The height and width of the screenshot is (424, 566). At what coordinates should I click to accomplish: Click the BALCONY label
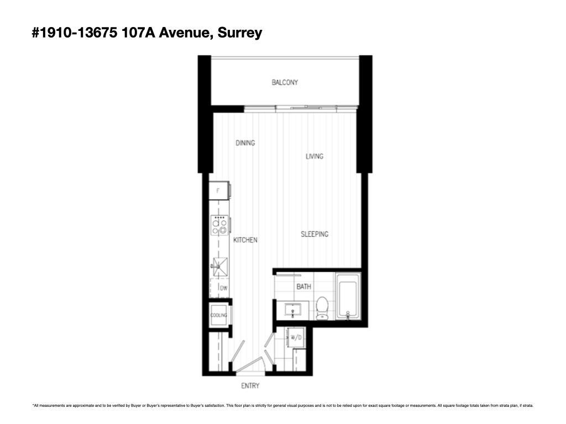[x=285, y=82]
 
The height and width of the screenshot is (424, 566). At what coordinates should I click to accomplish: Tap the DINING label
[x=245, y=143]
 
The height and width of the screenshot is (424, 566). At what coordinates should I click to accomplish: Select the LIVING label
[x=314, y=156]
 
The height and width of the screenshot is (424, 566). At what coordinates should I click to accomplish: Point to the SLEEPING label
[x=314, y=234]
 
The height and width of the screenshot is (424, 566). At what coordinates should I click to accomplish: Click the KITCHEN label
[x=245, y=240]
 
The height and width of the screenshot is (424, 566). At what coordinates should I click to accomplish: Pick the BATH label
[x=303, y=287]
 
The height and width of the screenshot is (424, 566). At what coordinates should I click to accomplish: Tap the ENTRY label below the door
[x=250, y=385]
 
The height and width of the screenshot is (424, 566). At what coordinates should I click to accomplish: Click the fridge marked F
[x=219, y=191]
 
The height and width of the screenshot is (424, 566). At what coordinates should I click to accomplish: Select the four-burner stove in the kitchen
[x=219, y=226]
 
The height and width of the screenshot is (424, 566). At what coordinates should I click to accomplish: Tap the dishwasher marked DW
[x=221, y=288]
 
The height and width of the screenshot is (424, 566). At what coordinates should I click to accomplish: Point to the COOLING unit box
[x=219, y=315]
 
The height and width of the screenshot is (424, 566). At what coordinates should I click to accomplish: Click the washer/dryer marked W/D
[x=296, y=337]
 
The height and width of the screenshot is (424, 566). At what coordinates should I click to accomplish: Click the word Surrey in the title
[x=240, y=33]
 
